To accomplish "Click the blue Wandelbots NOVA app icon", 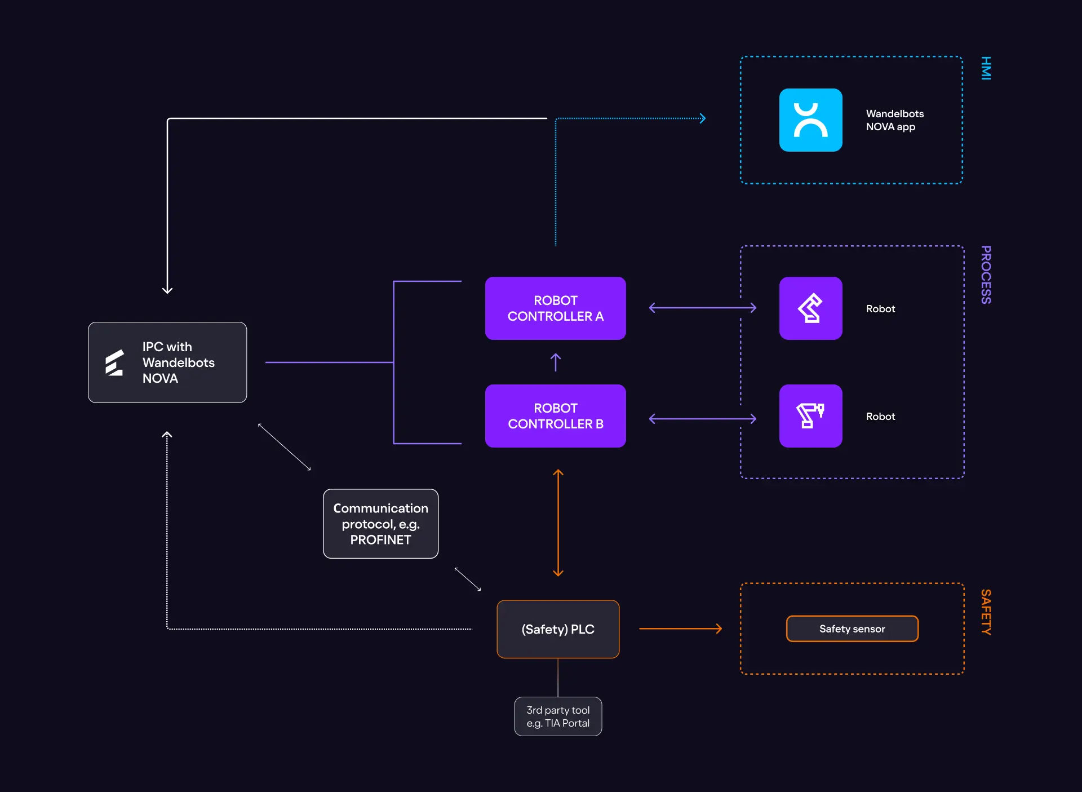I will click(810, 120).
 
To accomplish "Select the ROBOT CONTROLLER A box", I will click(555, 308).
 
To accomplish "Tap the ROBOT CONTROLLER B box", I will click(555, 416).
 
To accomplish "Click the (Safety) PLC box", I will click(558, 629).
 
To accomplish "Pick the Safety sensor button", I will click(852, 629).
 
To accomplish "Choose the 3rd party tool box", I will click(558, 716).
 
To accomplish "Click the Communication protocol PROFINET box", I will click(380, 524).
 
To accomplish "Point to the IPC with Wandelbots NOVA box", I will click(167, 362).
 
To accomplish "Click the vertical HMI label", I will click(986, 68).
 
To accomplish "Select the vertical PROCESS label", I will click(986, 275).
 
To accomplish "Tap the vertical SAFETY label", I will click(986, 612).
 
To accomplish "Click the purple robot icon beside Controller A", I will click(810, 308).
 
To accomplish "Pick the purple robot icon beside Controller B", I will click(810, 416).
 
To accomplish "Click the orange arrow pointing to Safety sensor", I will click(680, 629).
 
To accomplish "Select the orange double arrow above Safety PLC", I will click(558, 523).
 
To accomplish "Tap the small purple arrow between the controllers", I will click(556, 362).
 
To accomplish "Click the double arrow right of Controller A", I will click(702, 308).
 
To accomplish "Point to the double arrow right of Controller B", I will click(702, 419).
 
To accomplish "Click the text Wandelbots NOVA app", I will click(894, 120).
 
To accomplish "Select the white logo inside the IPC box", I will click(114, 362).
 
